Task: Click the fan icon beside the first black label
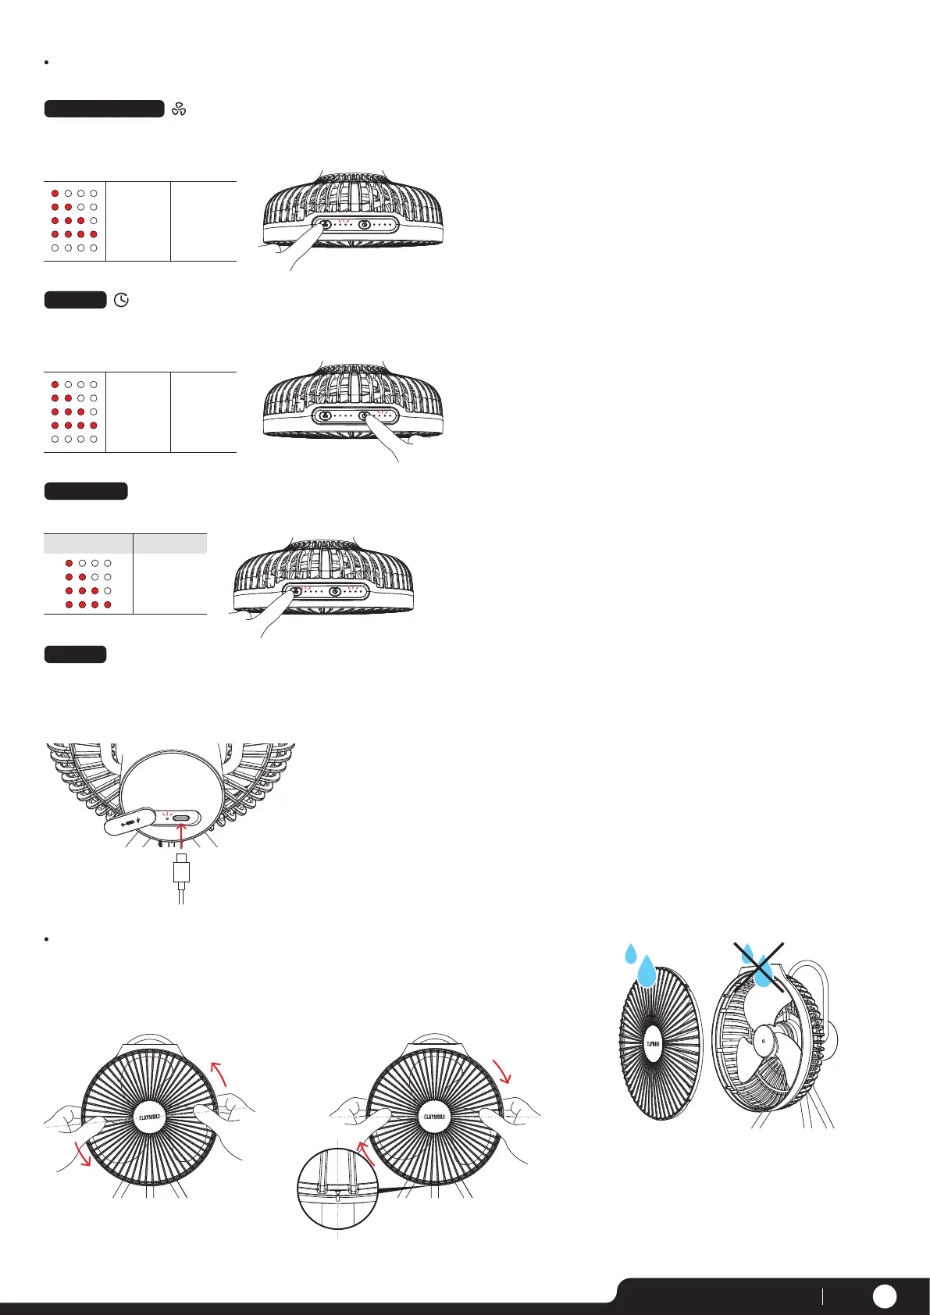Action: (x=179, y=109)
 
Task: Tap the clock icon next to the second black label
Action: (x=121, y=300)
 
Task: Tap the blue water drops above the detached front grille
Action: (x=640, y=965)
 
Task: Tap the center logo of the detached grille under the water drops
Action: (x=654, y=1043)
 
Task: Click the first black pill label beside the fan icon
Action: (x=104, y=109)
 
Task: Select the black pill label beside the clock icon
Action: (x=75, y=300)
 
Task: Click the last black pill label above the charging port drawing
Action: (x=75, y=654)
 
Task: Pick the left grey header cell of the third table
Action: (x=88, y=543)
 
